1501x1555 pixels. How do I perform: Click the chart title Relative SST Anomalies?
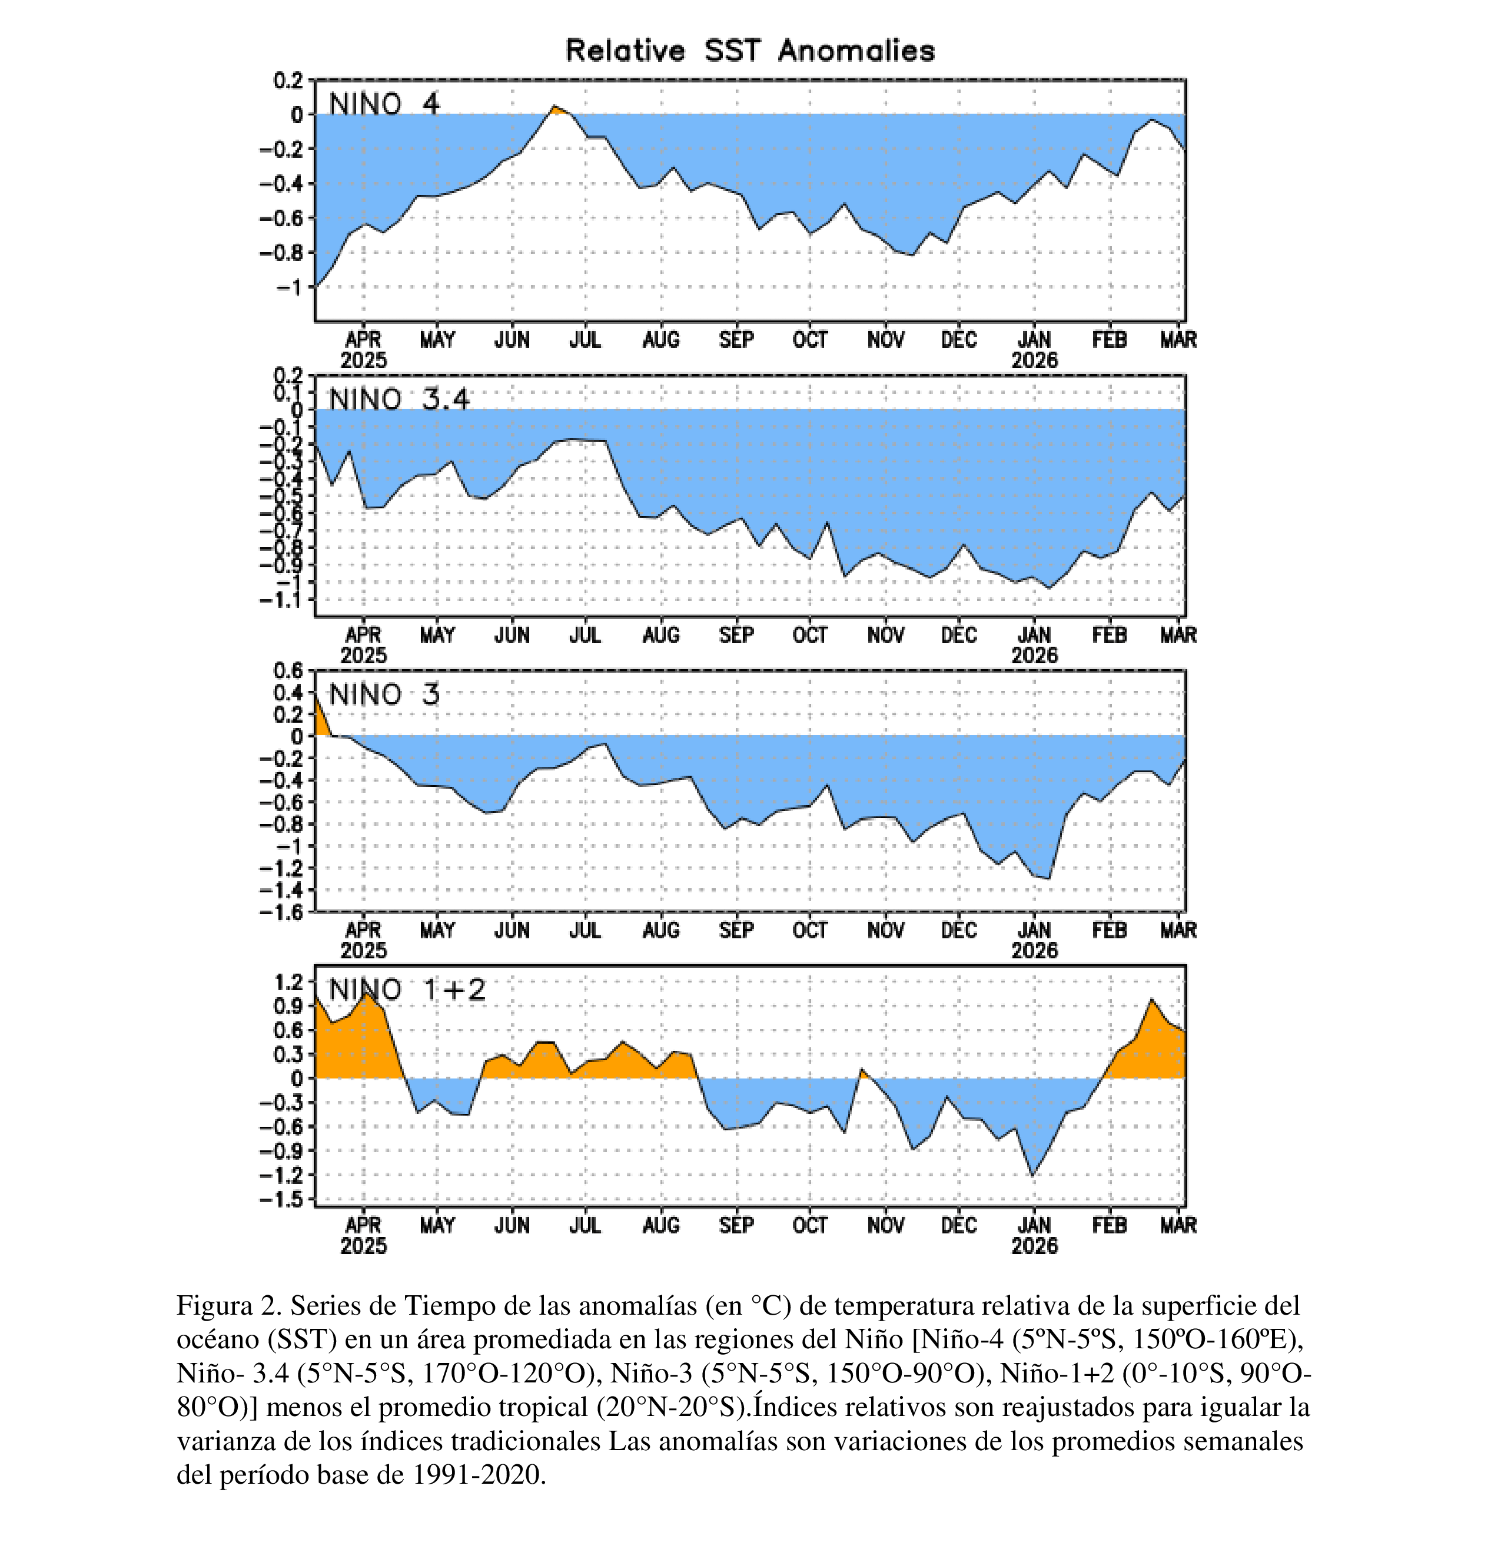pos(750,51)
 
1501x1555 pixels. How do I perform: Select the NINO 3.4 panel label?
pos(399,399)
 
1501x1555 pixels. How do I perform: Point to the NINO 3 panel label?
pos(384,695)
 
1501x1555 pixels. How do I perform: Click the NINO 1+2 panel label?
pos(407,990)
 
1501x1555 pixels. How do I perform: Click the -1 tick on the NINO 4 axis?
pos(290,287)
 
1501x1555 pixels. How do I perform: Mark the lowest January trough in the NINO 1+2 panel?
pos(1032,1175)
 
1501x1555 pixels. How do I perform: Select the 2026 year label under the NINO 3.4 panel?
pos(1034,656)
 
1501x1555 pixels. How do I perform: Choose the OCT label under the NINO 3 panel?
pos(809,931)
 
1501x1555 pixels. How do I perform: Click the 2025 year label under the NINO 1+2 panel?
pos(364,1246)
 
